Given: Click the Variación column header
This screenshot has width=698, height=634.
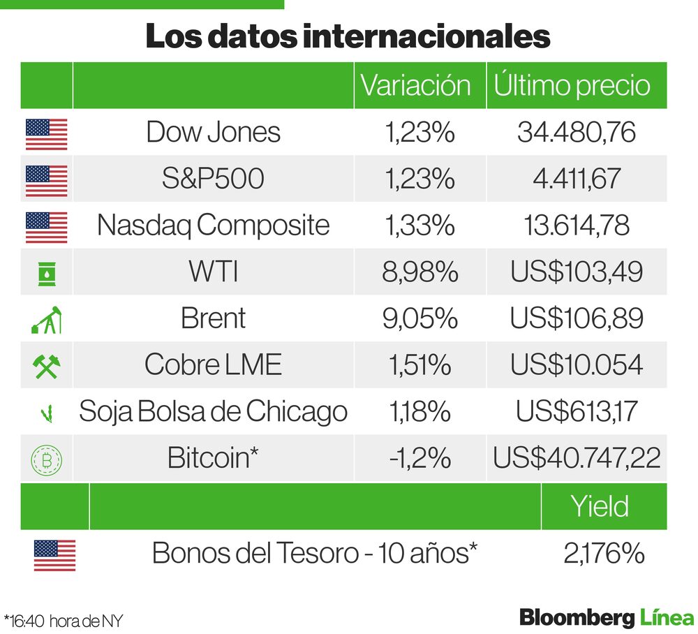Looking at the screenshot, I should pyautogui.click(x=417, y=85).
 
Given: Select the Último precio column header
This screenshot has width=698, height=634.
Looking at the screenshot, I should pyautogui.click(x=572, y=85).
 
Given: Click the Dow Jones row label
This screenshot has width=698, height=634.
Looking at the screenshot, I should pyautogui.click(x=213, y=132).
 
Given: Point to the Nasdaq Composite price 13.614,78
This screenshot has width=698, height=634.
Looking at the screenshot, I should pyautogui.click(x=576, y=226).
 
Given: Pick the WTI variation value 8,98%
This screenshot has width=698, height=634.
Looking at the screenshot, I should pyautogui.click(x=419, y=272).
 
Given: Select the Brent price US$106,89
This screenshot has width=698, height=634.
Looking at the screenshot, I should pyautogui.click(x=576, y=318).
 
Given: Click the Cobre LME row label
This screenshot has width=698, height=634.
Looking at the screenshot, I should pyautogui.click(x=213, y=364).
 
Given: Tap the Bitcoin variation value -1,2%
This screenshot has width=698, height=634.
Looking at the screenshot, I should pyautogui.click(x=419, y=458).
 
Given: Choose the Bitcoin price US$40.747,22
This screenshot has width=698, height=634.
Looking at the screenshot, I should pyautogui.click(x=577, y=458).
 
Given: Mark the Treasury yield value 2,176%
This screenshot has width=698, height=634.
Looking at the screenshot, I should pyautogui.click(x=604, y=553).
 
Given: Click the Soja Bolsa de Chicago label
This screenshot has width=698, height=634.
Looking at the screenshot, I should pyautogui.click(x=213, y=411).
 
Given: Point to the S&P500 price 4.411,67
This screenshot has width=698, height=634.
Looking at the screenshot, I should pyautogui.click(x=576, y=179).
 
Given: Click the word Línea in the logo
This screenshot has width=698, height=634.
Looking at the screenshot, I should pyautogui.click(x=667, y=617).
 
